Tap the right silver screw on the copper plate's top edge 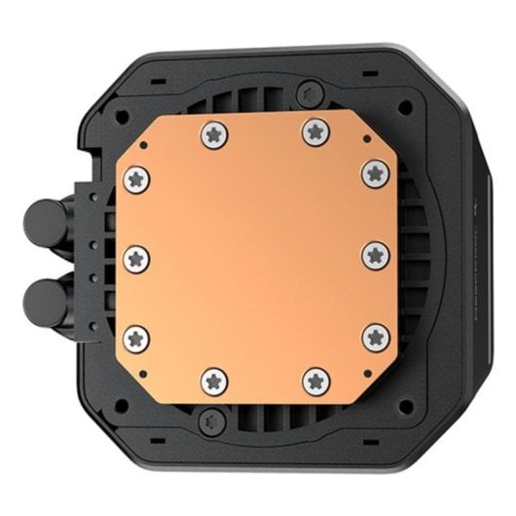313,127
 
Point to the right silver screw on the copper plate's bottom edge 313,381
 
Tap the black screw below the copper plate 210,422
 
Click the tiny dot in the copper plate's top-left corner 143,141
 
